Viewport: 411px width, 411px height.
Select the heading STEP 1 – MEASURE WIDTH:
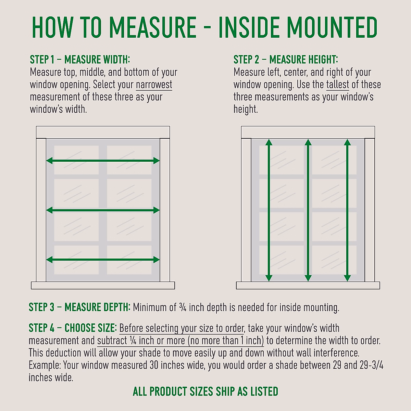coord(80,60)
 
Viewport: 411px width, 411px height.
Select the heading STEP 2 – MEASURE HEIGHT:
coord(286,60)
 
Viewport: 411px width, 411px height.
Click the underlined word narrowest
coord(154,85)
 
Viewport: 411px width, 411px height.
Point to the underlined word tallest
coord(337,85)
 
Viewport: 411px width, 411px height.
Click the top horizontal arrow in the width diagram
coord(103,160)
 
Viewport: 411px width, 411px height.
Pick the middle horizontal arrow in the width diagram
coord(103,210)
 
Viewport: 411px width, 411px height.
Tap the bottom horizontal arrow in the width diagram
coord(103,260)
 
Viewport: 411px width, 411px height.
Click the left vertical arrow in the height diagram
coord(269,210)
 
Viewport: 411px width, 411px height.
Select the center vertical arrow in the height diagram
coord(308,210)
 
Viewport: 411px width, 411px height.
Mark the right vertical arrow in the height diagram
coord(347,210)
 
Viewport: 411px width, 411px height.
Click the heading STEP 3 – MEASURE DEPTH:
coord(79,307)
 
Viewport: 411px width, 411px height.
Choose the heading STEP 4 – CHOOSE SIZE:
coord(73,328)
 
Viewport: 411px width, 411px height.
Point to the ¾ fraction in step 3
coord(183,307)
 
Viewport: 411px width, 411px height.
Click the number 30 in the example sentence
coord(154,365)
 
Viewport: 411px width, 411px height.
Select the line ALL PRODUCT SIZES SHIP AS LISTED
coord(206,391)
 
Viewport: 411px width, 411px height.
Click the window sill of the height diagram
coord(308,285)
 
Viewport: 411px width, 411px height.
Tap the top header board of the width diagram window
coord(103,132)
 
